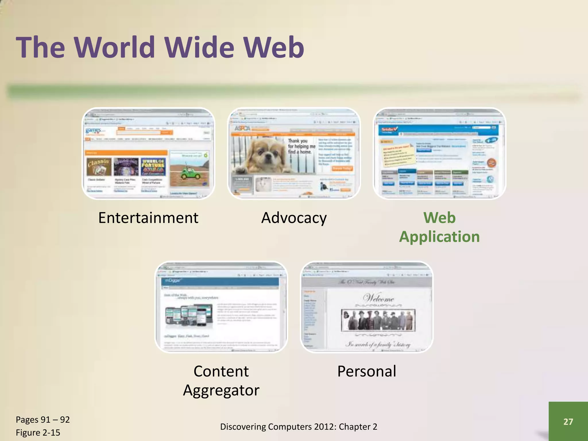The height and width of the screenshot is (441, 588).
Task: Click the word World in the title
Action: coord(117,47)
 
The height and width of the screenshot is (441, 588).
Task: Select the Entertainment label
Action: coord(148,218)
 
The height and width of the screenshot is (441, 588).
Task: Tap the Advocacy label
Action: coord(294,218)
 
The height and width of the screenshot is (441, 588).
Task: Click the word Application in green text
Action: coord(439,237)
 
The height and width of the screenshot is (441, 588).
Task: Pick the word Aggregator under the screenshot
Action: coord(221,390)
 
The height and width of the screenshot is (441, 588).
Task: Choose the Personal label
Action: coord(367,371)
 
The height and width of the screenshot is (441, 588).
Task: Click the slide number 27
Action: coord(568,421)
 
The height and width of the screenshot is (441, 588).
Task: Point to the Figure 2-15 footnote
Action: coord(38,432)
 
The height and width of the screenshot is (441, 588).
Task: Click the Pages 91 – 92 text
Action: coord(43,419)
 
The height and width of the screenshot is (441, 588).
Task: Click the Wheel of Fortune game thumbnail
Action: coord(153,167)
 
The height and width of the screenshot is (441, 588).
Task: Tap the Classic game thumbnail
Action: coord(99,167)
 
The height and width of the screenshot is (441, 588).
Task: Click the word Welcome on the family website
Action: coord(378,298)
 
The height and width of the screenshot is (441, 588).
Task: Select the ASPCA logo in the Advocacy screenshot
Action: coord(243,128)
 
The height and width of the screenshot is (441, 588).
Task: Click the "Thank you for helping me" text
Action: coord(301,146)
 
